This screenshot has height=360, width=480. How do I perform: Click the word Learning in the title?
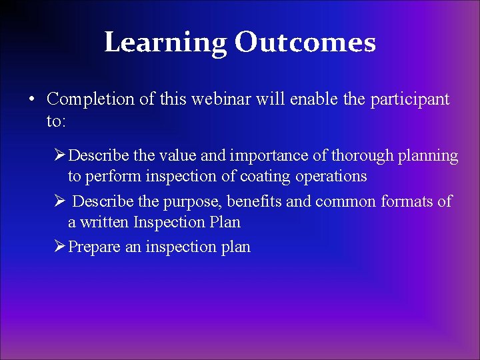(165, 43)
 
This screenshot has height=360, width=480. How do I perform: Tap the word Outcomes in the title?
(305, 43)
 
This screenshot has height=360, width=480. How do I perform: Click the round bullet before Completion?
(31, 100)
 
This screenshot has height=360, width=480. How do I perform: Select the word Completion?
(87, 99)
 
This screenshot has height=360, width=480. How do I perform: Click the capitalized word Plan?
(225, 222)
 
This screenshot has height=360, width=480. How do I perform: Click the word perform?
(106, 177)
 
